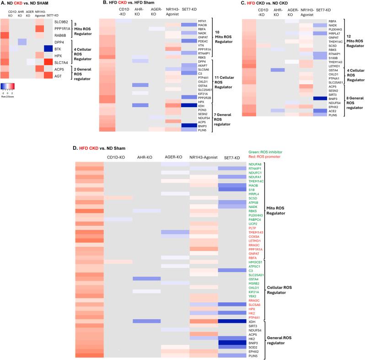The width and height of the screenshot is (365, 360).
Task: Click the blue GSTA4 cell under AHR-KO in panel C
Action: [275, 70]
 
